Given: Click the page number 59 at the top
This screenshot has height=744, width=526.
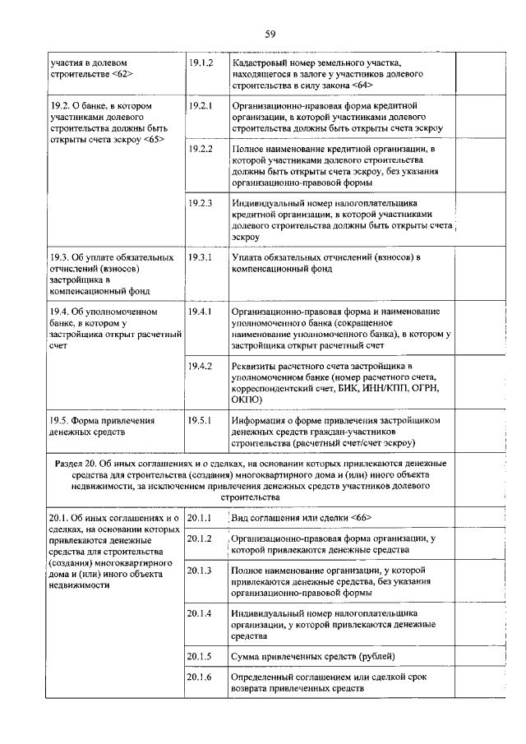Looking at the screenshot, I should coord(269,34).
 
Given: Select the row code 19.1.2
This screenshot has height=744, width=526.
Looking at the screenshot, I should coord(201,62).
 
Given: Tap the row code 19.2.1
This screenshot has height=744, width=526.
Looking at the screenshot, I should coord(201,106).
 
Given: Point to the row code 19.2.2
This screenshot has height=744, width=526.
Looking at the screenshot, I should coord(201,149).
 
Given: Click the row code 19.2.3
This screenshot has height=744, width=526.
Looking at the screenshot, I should coord(201,202).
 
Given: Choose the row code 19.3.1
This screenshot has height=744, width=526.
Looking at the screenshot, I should coord(201,257).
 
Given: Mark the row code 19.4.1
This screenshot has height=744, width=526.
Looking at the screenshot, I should coord(201,312).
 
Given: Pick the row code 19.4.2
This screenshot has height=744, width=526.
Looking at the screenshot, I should coord(201,365).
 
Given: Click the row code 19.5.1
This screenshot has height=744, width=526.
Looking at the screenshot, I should coord(201,420).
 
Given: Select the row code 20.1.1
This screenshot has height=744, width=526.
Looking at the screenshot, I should coord(201,517).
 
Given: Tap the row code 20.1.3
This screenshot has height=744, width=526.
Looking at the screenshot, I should coord(201,571).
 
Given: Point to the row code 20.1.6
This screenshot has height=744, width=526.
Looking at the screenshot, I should coord(201,677).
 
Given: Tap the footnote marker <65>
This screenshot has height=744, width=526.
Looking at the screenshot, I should coord(154,138).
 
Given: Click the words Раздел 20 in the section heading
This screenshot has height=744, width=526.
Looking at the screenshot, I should coord(76,464).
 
